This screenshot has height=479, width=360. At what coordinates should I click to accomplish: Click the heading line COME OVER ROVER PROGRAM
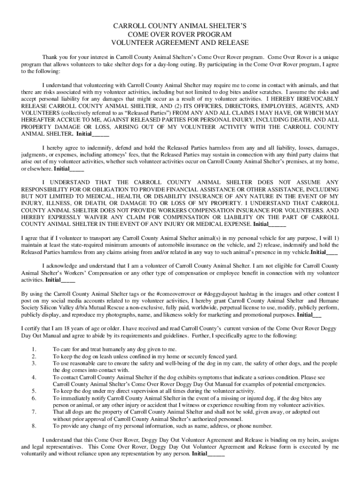click(x=180, y=35)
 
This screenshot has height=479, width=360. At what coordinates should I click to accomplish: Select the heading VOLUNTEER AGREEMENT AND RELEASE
click(x=180, y=43)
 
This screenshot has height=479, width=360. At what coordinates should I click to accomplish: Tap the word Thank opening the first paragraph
click(x=50, y=57)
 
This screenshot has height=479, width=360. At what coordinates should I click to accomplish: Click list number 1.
click(x=34, y=349)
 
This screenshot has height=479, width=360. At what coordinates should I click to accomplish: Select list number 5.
click(x=34, y=391)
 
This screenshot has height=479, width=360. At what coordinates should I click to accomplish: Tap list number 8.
click(x=34, y=426)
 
